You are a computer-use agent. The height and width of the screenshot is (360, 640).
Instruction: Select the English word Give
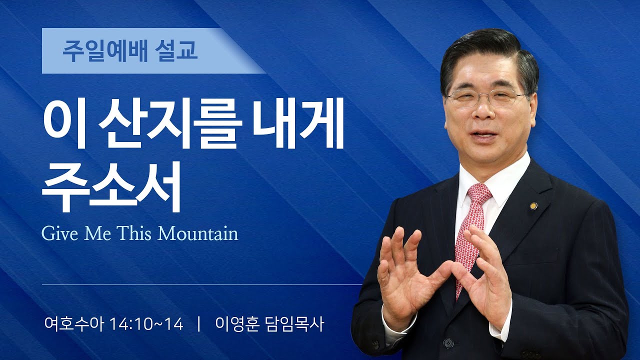pyautogui.click(x=58, y=233)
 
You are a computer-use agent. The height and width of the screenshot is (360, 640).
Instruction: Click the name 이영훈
pyautogui.click(x=236, y=324)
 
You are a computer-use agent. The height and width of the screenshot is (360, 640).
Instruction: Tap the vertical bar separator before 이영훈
pyautogui.click(x=199, y=324)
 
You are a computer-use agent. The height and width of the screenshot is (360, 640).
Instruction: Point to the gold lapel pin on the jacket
pyautogui.click(x=533, y=205)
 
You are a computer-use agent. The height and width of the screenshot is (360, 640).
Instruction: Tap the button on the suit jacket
pyautogui.click(x=448, y=343)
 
